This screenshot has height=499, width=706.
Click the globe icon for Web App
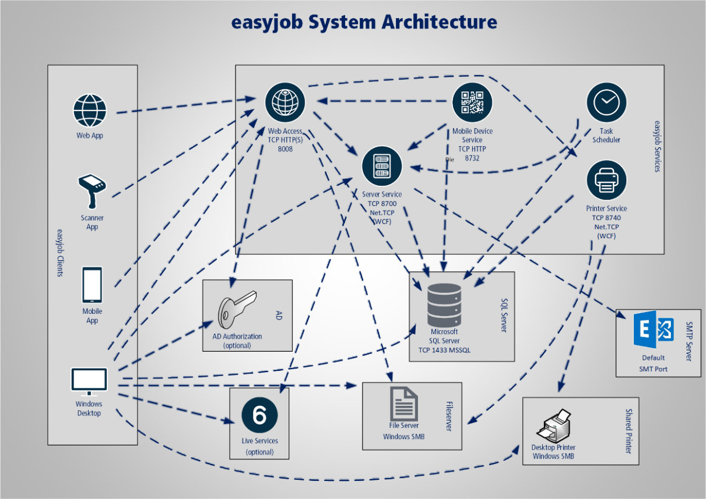tap(90, 111)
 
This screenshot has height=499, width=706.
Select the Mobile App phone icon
tap(92, 284)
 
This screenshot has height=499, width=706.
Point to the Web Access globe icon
tap(285, 102)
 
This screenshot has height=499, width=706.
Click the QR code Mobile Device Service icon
tap(472, 102)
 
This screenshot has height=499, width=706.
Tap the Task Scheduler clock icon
tap(606, 102)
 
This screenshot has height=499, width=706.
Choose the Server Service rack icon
tap(382, 165)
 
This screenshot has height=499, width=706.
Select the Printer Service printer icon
tap(606, 181)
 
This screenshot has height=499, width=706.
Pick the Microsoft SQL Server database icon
tap(444, 306)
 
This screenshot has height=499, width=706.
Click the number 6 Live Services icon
tap(260, 415)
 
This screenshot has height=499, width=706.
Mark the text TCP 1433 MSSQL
tap(444, 351)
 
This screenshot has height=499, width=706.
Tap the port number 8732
tap(472, 157)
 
